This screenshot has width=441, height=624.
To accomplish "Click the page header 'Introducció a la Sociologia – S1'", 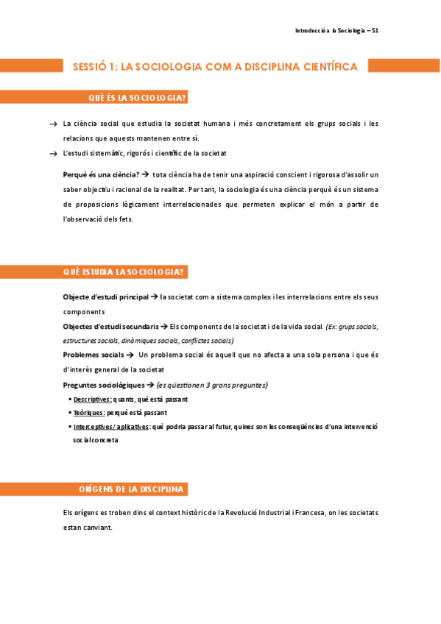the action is tap(336, 31).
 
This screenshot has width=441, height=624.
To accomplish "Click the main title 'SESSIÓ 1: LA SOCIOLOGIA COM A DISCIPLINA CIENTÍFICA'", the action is tap(215, 67).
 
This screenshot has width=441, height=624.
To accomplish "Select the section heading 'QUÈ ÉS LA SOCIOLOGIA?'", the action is tap(136, 98).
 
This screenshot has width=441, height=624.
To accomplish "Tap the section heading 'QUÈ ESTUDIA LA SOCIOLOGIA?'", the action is tap(123, 272).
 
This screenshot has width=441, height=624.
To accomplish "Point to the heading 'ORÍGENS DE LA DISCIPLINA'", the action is tap(131, 489).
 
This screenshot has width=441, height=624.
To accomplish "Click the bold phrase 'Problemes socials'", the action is tap(93, 355).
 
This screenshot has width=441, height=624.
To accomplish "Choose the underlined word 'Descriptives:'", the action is tap(93, 399).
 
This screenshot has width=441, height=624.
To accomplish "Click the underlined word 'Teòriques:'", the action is tap(89, 413).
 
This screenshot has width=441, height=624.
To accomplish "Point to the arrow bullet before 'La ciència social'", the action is tap(52, 124).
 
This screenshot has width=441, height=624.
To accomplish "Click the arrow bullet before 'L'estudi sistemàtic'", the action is tap(52, 154).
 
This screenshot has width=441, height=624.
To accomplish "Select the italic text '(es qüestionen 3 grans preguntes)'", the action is tap(212, 385).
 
